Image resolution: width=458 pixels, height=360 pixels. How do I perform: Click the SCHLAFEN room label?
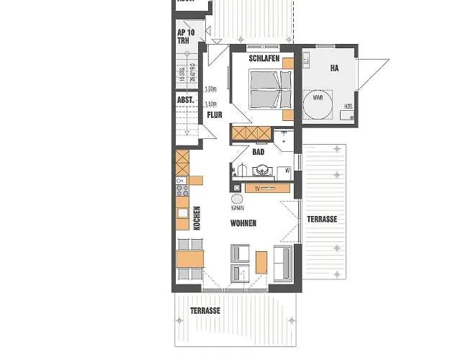pyautogui.click(x=264, y=58)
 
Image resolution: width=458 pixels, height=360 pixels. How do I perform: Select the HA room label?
pyautogui.click(x=334, y=68)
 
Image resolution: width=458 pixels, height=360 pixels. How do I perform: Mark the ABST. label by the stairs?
pyautogui.click(x=186, y=102)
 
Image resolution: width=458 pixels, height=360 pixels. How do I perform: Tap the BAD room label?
pyautogui.click(x=259, y=152)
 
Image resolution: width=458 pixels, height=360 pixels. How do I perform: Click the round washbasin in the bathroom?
pyautogui.click(x=262, y=171)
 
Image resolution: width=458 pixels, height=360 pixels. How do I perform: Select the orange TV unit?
pyautogui.click(x=268, y=188)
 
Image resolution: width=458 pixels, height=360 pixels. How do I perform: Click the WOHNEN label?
pyautogui.click(x=243, y=224)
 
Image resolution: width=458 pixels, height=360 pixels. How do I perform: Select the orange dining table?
pyautogui.click(x=192, y=258)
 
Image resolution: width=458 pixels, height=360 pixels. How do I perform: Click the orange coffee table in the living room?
pyautogui.click(x=261, y=263)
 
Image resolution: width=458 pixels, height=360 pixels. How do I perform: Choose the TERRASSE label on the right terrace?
pyautogui.click(x=322, y=218)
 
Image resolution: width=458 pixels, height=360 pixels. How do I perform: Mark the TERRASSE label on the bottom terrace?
pyautogui.click(x=205, y=311)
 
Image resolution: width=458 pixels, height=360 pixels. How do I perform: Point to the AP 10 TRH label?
pyautogui.click(x=186, y=37)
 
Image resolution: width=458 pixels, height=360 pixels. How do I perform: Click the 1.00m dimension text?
pyautogui.click(x=211, y=90)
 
